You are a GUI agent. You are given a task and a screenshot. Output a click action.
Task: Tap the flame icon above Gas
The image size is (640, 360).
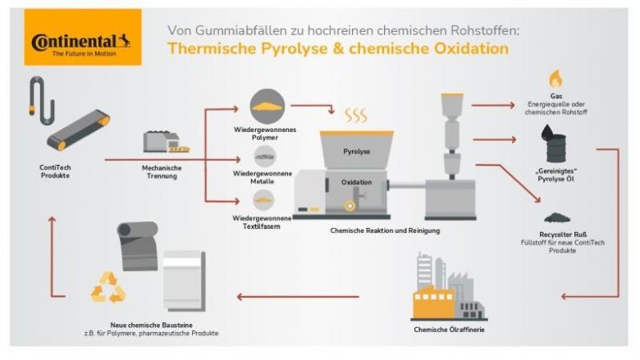point(555,79)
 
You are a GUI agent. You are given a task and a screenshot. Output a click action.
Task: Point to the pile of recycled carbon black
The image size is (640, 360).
point(557,217)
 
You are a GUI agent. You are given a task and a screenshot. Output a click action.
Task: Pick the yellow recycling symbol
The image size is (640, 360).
point(109,287)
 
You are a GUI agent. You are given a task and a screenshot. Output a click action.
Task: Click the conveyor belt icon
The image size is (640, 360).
point(77,130)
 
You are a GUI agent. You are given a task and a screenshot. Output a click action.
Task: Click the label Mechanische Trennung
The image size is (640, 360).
point(162,172)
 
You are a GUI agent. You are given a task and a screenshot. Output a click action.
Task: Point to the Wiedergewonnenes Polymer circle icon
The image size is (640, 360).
point(264,106)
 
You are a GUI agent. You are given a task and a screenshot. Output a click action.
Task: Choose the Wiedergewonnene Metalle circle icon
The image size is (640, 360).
point(264,157)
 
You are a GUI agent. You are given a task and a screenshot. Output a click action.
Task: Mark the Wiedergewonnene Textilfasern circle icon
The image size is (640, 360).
point(264,199)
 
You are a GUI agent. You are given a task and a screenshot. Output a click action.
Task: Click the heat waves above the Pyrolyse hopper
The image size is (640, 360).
point(355,114)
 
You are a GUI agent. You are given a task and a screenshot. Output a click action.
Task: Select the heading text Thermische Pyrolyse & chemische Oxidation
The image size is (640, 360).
point(337,48)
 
